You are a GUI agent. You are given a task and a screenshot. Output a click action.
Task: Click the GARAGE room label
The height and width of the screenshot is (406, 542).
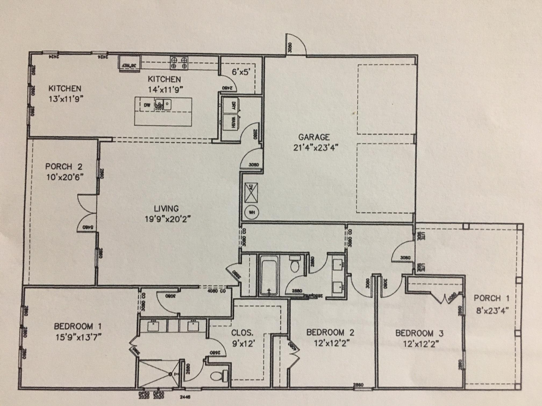pyautogui.click(x=314, y=137)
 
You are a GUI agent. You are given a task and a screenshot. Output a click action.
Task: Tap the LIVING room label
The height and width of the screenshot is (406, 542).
pyautogui.click(x=166, y=209)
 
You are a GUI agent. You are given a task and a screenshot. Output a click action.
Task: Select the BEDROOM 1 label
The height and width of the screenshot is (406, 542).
pyautogui.click(x=78, y=327)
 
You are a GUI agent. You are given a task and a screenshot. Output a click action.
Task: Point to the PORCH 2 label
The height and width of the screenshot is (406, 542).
pyautogui.click(x=64, y=167)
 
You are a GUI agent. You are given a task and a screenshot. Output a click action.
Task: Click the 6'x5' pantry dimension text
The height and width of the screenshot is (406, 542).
pyautogui.click(x=241, y=72)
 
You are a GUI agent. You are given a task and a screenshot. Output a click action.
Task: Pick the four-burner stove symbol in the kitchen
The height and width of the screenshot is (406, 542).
pyautogui.click(x=179, y=63)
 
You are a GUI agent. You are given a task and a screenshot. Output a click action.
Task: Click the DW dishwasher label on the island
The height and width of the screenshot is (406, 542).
pyautogui.click(x=147, y=105)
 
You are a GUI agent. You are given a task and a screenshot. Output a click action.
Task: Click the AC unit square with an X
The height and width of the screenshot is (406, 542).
pyautogui.click(x=251, y=193)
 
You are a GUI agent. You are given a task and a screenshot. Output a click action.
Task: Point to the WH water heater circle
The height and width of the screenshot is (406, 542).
pyautogui.click(x=252, y=212)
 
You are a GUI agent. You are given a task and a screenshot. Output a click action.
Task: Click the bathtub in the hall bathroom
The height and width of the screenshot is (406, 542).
pyautogui.click(x=269, y=275)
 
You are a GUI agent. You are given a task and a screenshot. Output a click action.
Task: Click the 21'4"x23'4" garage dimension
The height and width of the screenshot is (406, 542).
pyautogui.click(x=316, y=148)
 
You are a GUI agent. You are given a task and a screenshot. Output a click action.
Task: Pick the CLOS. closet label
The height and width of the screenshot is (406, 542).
pyautogui.click(x=242, y=333)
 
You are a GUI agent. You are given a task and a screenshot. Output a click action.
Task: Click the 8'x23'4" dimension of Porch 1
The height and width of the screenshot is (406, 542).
pyautogui.click(x=493, y=311)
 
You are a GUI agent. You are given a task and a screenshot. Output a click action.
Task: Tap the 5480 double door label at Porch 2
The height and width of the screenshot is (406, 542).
pyautogui.click(x=88, y=227)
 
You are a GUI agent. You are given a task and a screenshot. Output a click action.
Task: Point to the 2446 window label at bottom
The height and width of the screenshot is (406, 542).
pyautogui.click(x=185, y=397)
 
